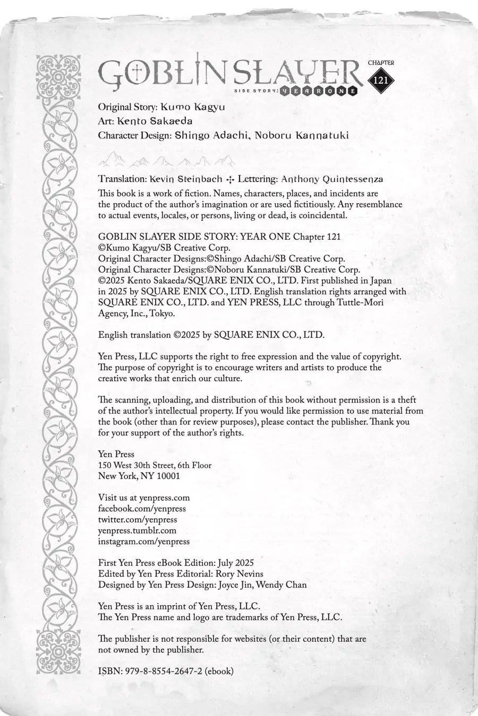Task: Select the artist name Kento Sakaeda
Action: [155, 121]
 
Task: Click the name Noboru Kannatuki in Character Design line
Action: [302, 135]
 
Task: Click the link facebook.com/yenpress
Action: [142, 509]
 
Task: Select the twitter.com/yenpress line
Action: [138, 520]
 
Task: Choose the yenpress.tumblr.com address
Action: [137, 530]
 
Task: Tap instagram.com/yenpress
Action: [144, 542]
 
